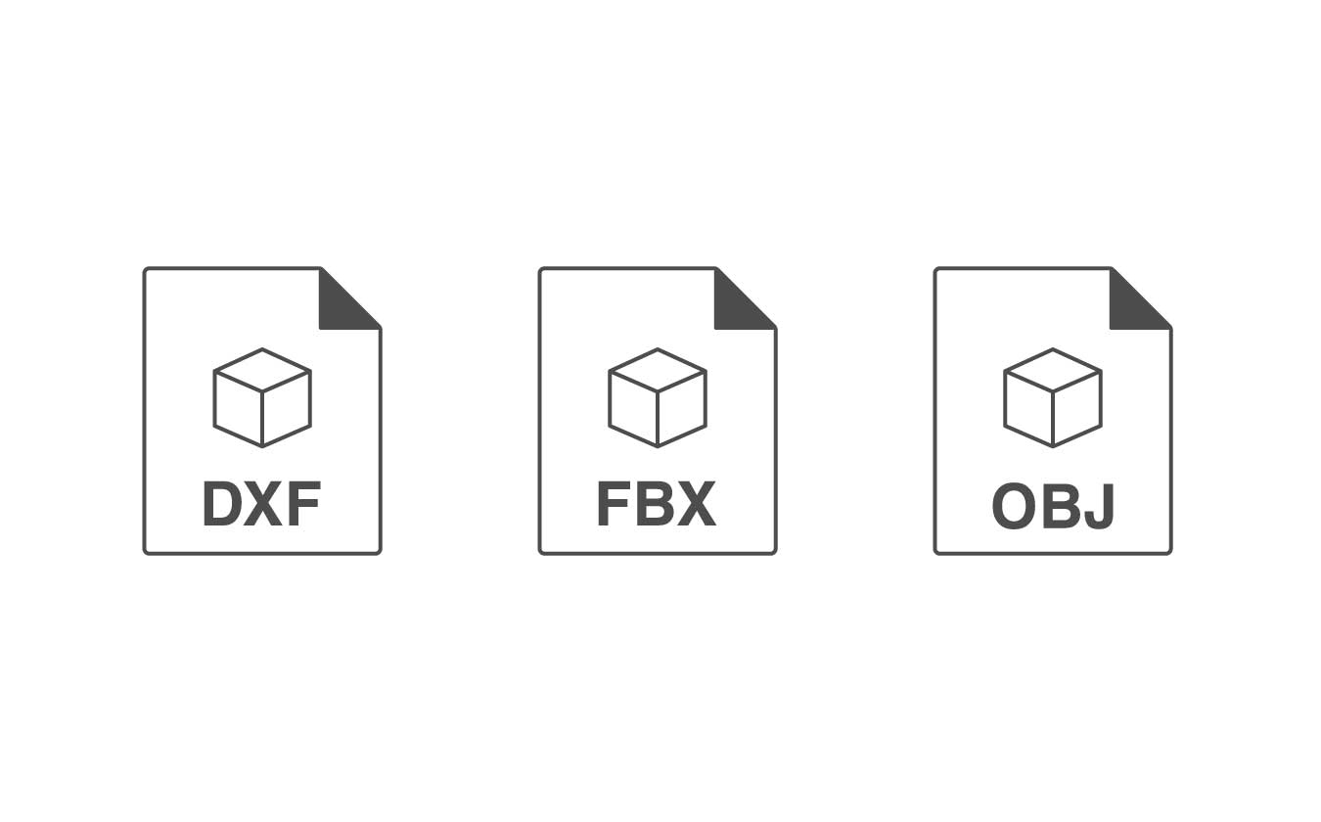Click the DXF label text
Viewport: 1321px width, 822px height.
(261, 504)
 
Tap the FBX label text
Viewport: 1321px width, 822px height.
(657, 504)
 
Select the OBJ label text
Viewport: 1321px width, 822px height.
(1053, 506)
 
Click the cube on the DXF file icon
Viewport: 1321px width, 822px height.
(262, 398)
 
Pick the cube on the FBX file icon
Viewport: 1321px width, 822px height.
(658, 398)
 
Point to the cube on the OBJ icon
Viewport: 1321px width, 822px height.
(1053, 398)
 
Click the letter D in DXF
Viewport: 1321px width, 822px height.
(222, 504)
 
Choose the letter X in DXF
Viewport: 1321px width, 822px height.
(263, 504)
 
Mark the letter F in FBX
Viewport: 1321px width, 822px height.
(614, 504)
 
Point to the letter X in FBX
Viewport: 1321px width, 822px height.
(696, 504)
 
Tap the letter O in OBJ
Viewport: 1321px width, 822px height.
(1014, 506)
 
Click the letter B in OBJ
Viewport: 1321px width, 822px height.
(1059, 506)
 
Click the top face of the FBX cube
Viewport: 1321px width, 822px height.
(658, 370)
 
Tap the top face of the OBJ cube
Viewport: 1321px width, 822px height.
(1053, 370)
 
